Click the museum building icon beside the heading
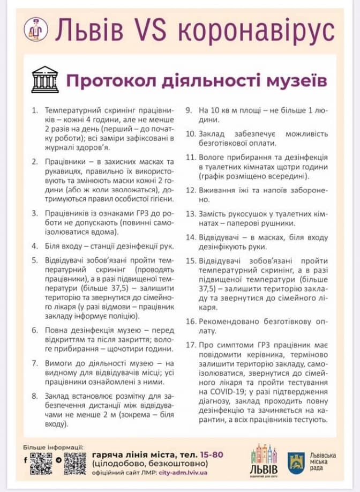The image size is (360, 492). click(45, 79)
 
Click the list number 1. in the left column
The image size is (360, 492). click(34, 110)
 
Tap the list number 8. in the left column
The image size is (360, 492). click(34, 396)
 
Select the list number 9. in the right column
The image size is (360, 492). click(189, 110)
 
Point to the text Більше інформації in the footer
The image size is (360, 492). click(53, 446)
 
